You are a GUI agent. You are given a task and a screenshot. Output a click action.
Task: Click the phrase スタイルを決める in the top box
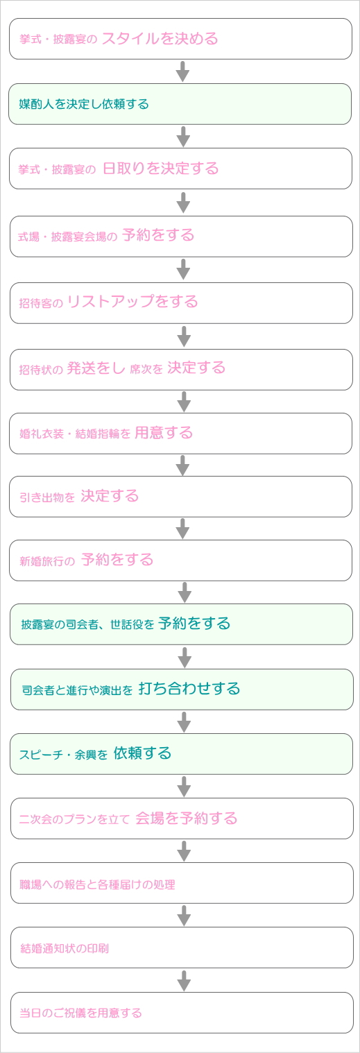pos(160,39)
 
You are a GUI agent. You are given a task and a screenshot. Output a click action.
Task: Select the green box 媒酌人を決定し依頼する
pos(180,104)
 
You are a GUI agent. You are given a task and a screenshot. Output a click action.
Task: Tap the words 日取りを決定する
pos(161,169)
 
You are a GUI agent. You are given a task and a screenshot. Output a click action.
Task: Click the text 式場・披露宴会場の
pos(68,237)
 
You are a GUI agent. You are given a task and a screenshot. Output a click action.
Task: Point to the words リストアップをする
pos(132,301)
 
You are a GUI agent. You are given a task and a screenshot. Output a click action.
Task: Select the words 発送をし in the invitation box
pos(96,368)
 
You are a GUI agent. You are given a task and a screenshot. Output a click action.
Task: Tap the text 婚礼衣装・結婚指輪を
pos(75,434)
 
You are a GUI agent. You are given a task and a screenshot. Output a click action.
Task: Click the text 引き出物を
pos(47,497)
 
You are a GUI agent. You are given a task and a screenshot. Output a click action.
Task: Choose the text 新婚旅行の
pos(47,560)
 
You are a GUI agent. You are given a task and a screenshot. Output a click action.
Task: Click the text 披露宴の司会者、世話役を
pos(87,624)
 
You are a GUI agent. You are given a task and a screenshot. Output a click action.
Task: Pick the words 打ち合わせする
pos(189,689)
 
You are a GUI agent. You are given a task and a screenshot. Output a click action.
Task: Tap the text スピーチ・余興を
pos(63,755)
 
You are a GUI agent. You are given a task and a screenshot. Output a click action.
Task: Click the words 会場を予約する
pos(187,819)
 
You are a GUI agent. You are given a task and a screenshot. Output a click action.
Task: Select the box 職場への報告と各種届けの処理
pos(182,883)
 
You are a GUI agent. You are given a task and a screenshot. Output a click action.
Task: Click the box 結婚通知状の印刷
pos(182,948)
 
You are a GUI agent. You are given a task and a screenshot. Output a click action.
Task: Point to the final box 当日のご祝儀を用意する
pos(182,1013)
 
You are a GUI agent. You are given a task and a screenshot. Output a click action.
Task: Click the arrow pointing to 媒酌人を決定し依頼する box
pos(183,71)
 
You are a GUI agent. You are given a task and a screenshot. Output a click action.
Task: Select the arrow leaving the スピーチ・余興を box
pos(185,787)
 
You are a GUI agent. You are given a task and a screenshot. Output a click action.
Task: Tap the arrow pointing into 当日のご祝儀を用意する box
pos(185,981)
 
